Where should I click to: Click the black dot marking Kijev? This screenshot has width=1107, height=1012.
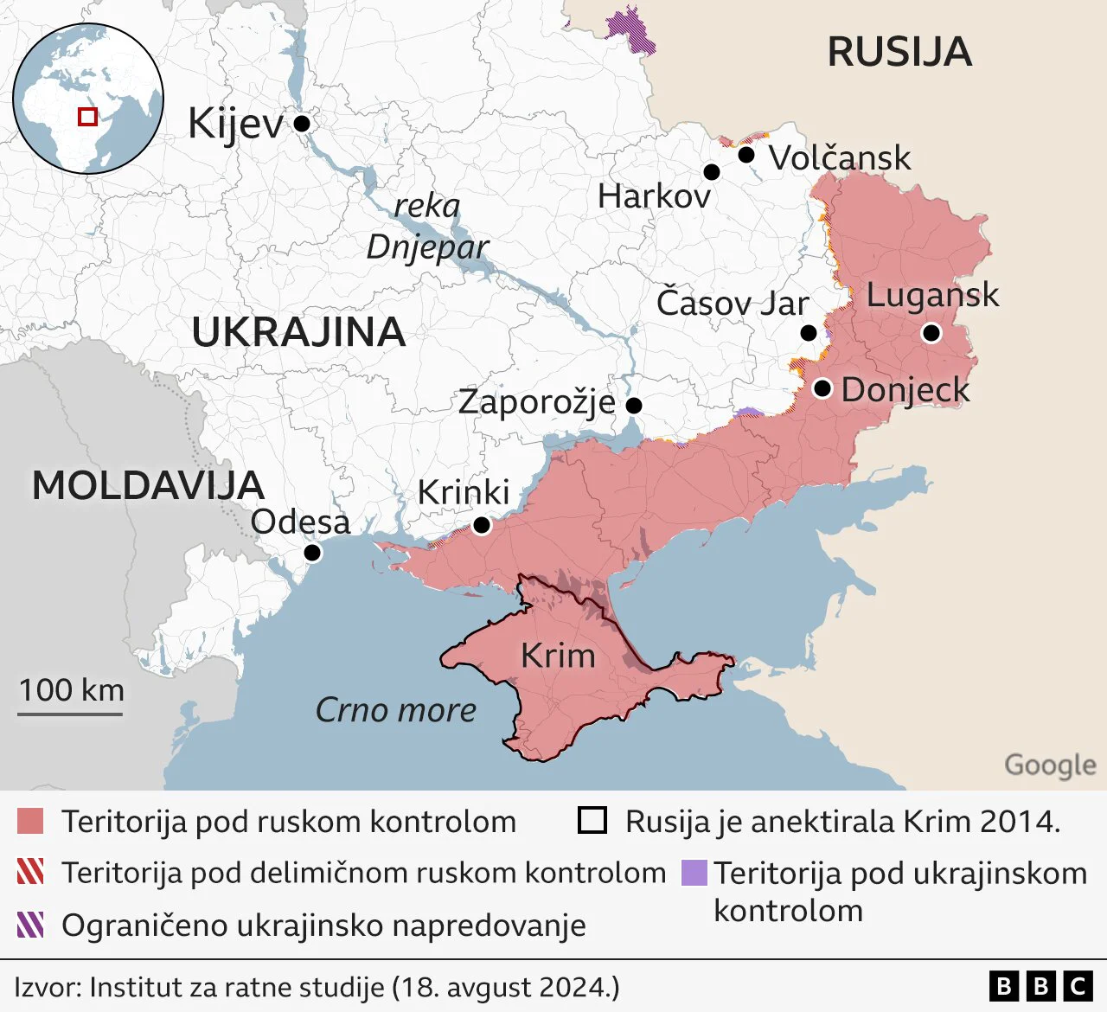click(302, 124)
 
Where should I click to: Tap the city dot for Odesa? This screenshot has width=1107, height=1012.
click(312, 553)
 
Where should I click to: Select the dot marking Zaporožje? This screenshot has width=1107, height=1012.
click(634, 405)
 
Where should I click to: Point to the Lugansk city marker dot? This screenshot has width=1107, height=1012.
click(931, 333)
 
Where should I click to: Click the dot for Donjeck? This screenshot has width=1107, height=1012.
click(822, 388)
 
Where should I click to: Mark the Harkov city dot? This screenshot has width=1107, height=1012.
click(712, 172)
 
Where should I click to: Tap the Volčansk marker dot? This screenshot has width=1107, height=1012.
click(746, 155)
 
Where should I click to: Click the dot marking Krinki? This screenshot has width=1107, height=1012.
click(482, 525)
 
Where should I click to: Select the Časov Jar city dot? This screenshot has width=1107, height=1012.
click(809, 333)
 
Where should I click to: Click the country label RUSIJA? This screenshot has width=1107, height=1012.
click(899, 52)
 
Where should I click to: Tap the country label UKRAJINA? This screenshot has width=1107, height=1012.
click(298, 333)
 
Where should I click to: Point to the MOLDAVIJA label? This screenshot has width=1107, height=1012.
click(148, 486)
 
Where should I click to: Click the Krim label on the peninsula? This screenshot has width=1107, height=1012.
click(558, 656)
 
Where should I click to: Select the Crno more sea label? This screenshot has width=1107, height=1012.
click(396, 710)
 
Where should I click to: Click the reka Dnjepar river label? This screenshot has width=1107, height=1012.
click(427, 227)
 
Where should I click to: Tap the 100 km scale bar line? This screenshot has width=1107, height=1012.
click(71, 714)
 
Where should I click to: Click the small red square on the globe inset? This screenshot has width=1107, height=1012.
click(87, 116)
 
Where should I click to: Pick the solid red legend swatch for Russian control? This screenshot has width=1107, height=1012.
click(30, 821)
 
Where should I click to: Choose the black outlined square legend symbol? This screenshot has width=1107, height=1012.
click(592, 820)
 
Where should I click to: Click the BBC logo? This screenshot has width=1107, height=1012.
click(1040, 986)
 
